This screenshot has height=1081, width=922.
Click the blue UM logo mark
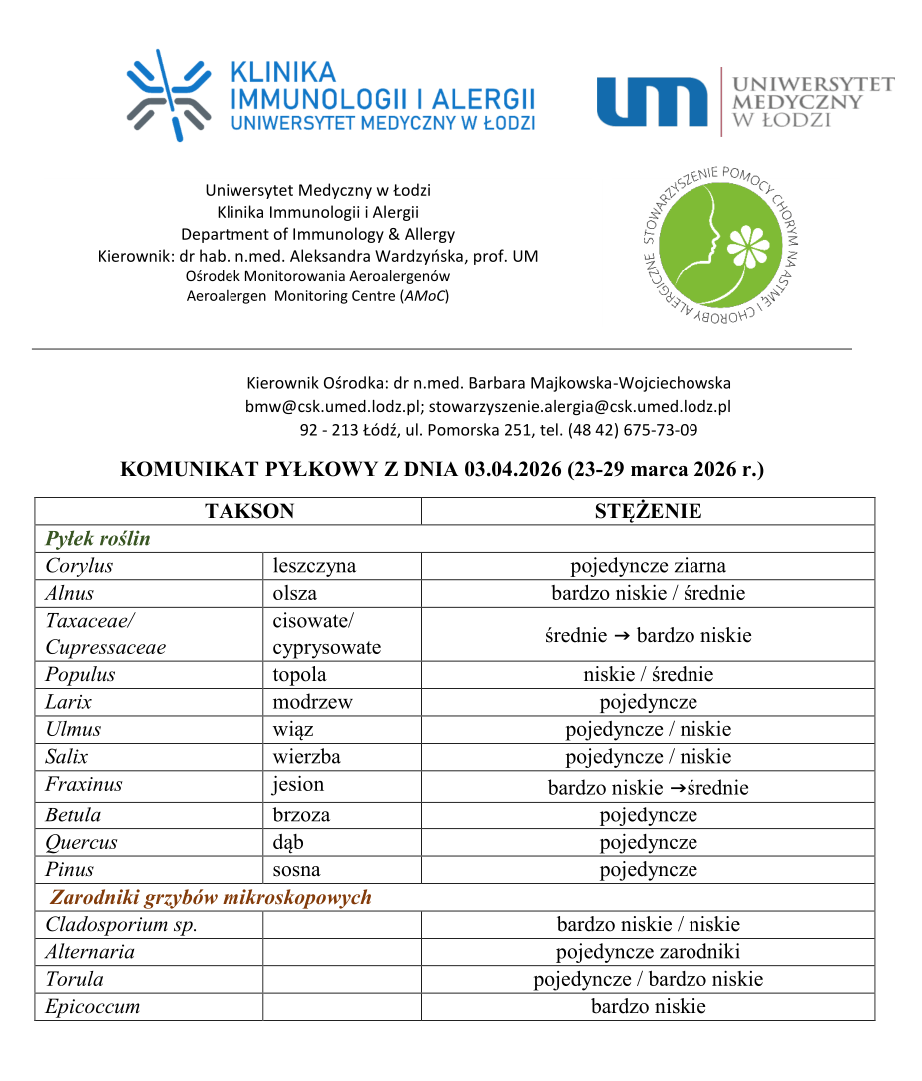(652, 102)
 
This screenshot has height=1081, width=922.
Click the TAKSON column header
(249, 511)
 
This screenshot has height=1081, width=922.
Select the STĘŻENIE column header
(648, 511)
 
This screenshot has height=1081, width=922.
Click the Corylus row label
(79, 566)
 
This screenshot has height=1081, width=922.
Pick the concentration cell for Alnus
(648, 593)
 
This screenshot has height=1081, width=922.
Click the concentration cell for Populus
(648, 674)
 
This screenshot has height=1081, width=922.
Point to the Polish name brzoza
(301, 814)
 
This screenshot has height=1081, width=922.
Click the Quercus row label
(81, 842)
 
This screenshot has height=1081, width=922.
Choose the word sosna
(296, 869)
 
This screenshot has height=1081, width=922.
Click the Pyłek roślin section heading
(98, 539)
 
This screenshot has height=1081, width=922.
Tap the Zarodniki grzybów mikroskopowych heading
(211, 897)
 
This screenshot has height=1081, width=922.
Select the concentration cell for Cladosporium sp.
(648, 924)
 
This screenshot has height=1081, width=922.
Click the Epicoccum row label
(92, 1006)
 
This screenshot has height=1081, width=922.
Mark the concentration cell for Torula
(648, 979)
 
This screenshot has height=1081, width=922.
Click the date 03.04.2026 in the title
(511, 469)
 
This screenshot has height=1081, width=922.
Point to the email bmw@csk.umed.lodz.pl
(335, 406)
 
